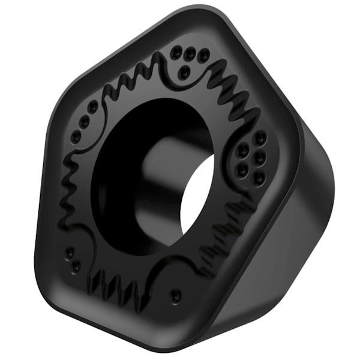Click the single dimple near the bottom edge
click(175, 295)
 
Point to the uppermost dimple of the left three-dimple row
click(93, 108)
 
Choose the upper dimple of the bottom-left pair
click(70, 251)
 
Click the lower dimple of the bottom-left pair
click(76, 265)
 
